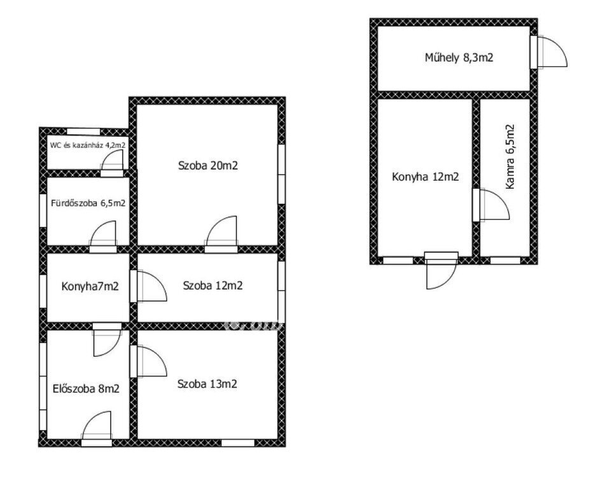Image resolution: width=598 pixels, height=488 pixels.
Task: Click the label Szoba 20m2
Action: pyautogui.click(x=208, y=166)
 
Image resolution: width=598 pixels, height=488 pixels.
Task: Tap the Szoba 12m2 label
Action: pyautogui.click(x=213, y=286)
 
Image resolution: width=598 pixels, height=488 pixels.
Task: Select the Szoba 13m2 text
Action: pyautogui.click(x=207, y=384)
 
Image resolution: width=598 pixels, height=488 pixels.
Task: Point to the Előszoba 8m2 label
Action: pyautogui.click(x=86, y=389)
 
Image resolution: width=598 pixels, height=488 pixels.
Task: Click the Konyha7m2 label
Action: pyautogui.click(x=90, y=286)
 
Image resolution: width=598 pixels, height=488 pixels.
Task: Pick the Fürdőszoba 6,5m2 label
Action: pyautogui.click(x=88, y=203)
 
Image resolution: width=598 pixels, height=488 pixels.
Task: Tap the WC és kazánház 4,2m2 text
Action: pyautogui.click(x=88, y=145)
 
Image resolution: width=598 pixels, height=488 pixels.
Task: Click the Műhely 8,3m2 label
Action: pyautogui.click(x=459, y=58)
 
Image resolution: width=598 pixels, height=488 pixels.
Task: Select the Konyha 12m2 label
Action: pyautogui.click(x=426, y=177)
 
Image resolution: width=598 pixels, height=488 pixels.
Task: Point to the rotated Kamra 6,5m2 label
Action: pyautogui.click(x=510, y=157)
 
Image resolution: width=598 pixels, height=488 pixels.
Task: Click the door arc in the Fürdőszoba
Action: pyautogui.click(x=102, y=232)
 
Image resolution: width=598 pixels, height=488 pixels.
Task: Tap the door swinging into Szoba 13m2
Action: pyautogui.click(x=152, y=361)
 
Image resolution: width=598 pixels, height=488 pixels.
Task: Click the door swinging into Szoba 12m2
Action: pyautogui.click(x=152, y=286)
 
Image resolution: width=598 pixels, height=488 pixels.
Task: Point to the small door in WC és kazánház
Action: pyautogui.click(x=112, y=159)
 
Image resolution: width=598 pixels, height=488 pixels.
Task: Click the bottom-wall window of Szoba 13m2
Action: pyautogui.click(x=238, y=443)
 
